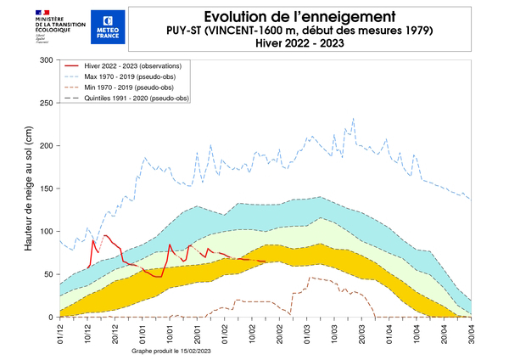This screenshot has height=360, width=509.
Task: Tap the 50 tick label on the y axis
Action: (x=48, y=274)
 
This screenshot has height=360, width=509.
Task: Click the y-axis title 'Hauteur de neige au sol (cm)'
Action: (x=28, y=188)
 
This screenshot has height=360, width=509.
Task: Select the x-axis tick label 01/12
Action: (x=60, y=331)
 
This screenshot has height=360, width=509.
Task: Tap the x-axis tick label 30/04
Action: (x=471, y=331)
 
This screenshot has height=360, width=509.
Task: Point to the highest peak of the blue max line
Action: (x=353, y=119)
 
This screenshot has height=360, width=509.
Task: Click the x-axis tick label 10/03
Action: (x=334, y=331)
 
